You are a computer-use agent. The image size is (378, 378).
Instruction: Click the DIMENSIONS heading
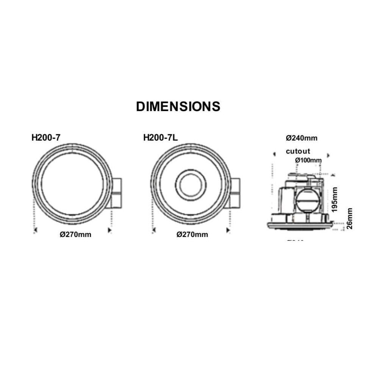tap(178, 107)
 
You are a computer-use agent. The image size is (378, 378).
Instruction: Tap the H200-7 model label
tap(46, 138)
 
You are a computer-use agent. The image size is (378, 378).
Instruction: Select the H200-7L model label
tap(160, 138)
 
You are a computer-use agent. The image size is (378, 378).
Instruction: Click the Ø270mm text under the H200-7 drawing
tap(76, 234)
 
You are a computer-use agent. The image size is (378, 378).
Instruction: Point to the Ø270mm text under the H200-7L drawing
tap(192, 234)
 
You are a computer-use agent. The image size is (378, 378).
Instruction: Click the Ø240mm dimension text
tap(302, 138)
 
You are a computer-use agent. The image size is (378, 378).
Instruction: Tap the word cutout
tap(298, 151)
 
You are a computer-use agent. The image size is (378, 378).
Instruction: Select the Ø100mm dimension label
tap(308, 160)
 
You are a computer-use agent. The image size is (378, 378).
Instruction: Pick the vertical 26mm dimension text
tap(350, 218)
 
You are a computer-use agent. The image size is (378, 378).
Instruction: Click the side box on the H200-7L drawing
tap(235, 193)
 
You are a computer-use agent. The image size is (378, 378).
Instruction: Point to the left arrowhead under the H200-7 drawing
tap(35, 229)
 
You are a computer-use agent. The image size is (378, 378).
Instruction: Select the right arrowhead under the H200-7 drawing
tap(110, 229)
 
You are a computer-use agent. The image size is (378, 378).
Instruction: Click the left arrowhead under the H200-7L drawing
tap(153, 229)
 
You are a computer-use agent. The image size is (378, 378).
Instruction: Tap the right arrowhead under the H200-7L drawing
tap(228, 229)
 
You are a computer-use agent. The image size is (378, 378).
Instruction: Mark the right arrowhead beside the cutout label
tap(328, 155)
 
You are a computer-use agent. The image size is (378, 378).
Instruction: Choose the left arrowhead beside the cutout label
tap(273, 154)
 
